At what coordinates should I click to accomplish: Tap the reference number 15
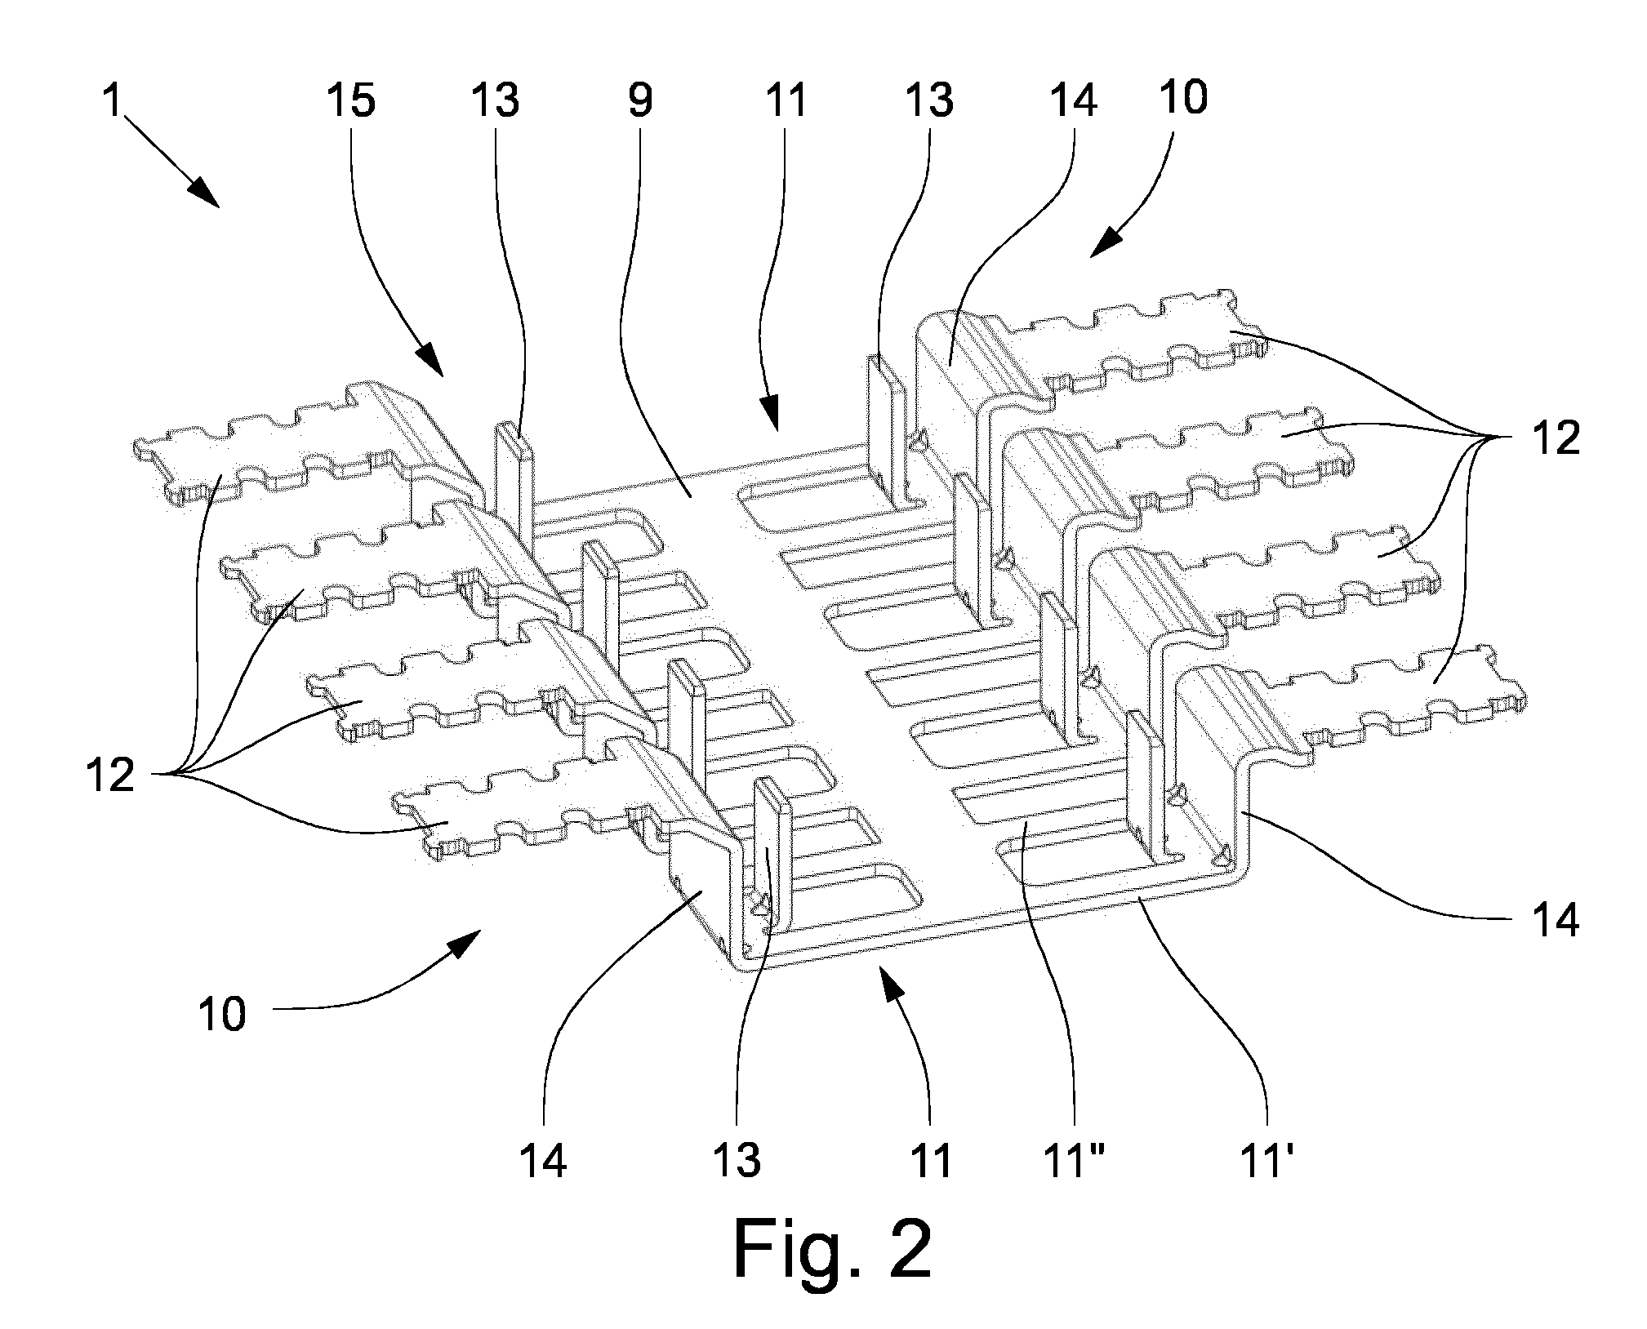tap(351, 101)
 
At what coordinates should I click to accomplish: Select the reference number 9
tap(641, 101)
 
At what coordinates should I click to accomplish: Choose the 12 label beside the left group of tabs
tap(111, 775)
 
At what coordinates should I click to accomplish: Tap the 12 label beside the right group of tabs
tap(1556, 438)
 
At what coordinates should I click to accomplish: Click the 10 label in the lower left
tap(222, 1015)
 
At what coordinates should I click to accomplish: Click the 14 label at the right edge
tap(1556, 922)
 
